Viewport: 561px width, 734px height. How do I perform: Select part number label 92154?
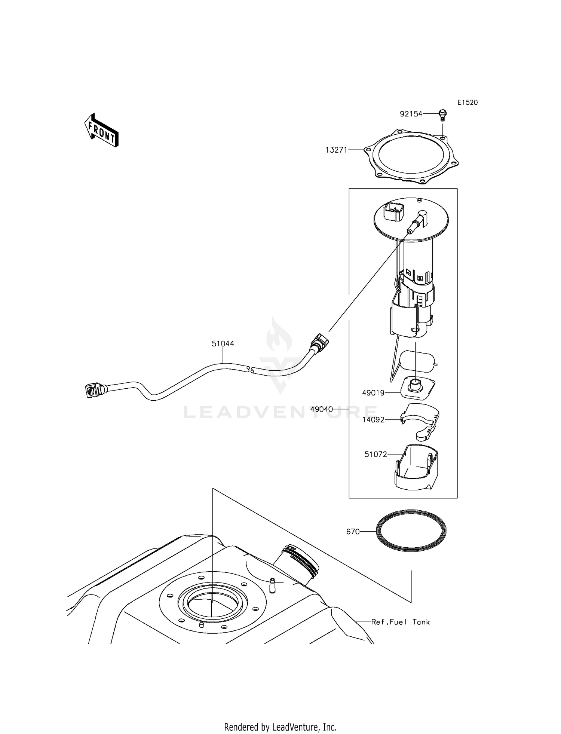(x=411, y=114)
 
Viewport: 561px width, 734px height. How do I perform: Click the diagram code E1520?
(x=467, y=103)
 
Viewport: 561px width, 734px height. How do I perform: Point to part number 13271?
(x=336, y=150)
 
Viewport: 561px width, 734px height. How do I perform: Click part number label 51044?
(x=223, y=343)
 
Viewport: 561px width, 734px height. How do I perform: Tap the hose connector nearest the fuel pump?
(x=319, y=343)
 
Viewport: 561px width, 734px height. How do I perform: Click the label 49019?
(x=373, y=393)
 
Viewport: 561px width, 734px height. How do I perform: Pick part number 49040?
(x=322, y=409)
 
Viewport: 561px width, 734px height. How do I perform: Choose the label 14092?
(x=373, y=420)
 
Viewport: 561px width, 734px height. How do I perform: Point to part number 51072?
(x=376, y=454)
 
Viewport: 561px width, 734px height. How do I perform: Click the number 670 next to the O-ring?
(x=353, y=532)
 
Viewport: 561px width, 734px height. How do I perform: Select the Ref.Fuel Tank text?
(x=400, y=622)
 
